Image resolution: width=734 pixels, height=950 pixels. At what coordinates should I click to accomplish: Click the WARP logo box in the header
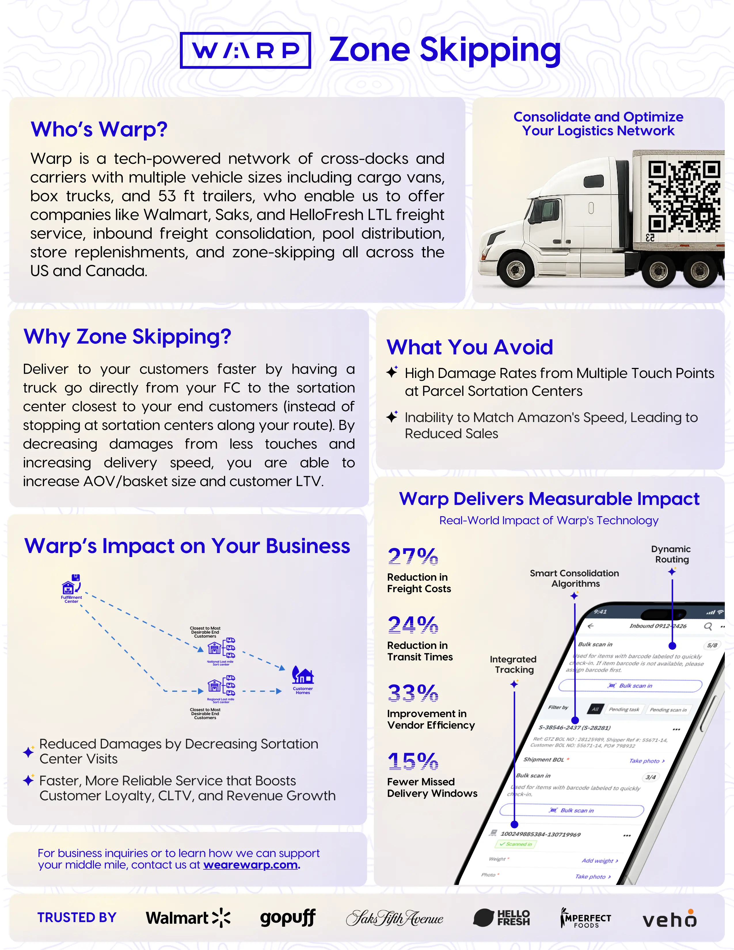click(245, 50)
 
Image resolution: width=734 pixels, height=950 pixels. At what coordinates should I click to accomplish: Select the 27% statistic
click(413, 556)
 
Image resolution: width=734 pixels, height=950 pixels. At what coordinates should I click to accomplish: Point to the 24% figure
click(413, 625)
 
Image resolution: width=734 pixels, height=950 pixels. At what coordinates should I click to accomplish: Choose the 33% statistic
click(413, 693)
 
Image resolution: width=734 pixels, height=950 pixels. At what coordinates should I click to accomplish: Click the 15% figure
click(413, 761)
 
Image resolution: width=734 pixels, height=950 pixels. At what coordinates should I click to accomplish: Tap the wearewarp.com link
click(251, 865)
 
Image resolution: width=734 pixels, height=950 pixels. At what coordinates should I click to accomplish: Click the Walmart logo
click(188, 918)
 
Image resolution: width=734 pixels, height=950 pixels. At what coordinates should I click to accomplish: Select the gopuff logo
click(288, 918)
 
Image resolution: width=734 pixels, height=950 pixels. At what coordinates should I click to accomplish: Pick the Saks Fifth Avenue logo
click(394, 918)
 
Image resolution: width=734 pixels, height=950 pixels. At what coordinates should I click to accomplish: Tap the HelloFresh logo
click(501, 918)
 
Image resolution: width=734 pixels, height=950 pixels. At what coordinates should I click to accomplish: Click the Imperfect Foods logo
click(586, 918)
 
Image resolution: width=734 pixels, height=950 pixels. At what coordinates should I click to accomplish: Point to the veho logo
click(670, 919)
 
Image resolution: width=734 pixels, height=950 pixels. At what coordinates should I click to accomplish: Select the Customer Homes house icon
click(303, 676)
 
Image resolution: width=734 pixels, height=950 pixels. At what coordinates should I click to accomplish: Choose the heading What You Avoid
click(470, 347)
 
